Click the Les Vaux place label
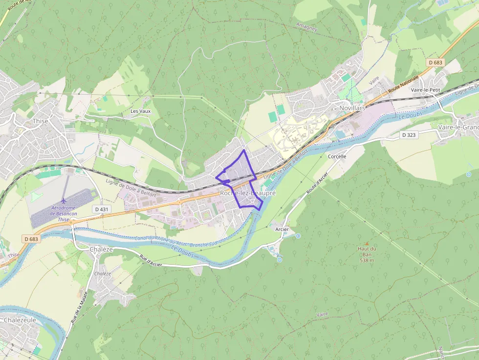[x=140, y=111]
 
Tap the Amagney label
[x=307, y=27]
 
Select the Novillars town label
[x=352, y=107]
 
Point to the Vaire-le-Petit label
[x=425, y=90]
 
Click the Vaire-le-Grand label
[x=458, y=127]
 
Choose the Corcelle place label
[x=337, y=156]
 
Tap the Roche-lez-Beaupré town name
[x=248, y=193]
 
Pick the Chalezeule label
[x=20, y=319]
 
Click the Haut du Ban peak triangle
[x=367, y=243]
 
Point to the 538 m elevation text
[x=367, y=260]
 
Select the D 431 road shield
[x=102, y=209]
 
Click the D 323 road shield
[x=410, y=134]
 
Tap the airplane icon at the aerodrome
[x=64, y=201]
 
